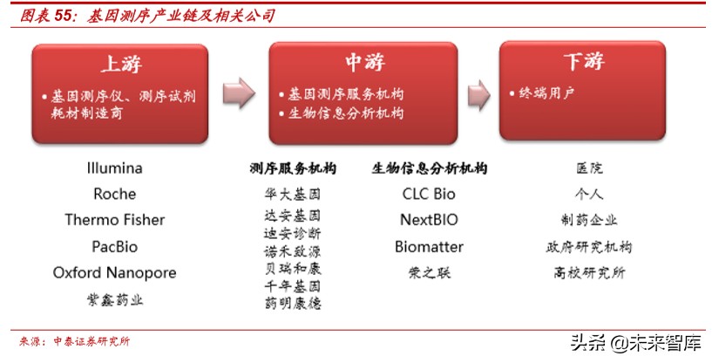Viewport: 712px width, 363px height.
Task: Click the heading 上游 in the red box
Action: tap(120, 65)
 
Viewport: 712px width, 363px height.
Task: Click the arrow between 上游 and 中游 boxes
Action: tap(238, 92)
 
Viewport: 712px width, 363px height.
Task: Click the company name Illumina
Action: tap(114, 168)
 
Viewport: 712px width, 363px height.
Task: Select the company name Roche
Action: tap(114, 194)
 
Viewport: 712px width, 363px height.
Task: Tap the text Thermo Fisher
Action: tap(114, 220)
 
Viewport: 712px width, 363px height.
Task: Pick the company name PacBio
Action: tap(114, 246)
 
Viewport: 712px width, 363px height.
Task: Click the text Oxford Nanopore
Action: tap(114, 272)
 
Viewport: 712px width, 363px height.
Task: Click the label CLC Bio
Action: tap(429, 194)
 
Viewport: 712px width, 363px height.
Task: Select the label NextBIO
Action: tap(429, 220)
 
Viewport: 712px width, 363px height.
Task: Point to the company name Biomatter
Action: tap(429, 246)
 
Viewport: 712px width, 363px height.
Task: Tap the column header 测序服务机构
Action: tap(293, 168)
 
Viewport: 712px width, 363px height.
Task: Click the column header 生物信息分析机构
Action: tap(429, 168)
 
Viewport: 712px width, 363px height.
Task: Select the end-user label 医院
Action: tap(589, 168)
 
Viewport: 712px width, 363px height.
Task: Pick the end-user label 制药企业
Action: tap(589, 220)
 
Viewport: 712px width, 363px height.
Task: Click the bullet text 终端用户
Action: tap(547, 92)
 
